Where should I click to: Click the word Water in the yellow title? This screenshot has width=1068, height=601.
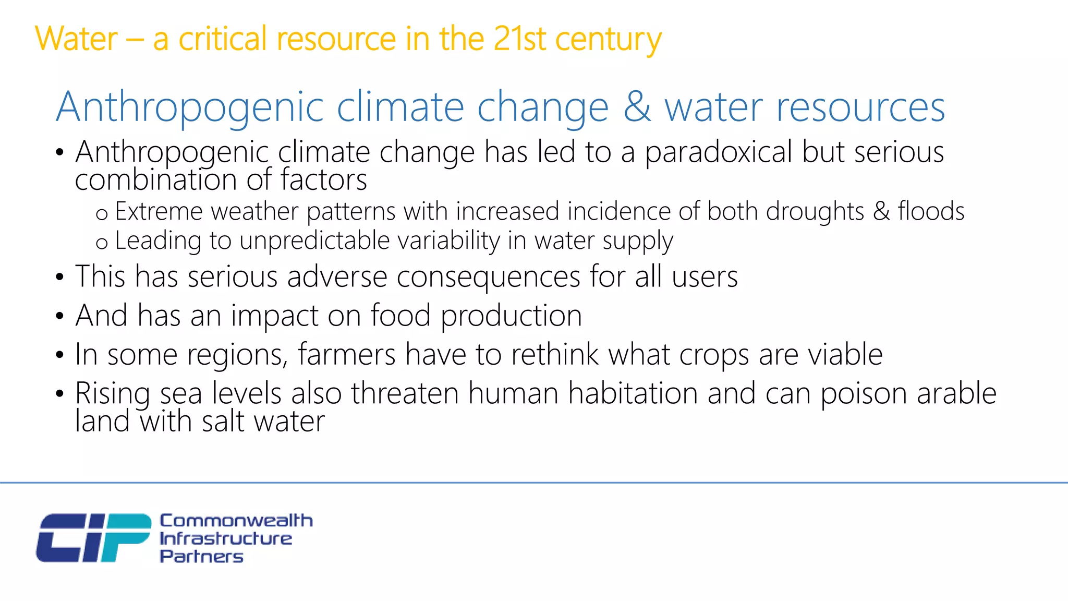76,39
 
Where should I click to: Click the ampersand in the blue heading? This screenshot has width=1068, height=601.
637,107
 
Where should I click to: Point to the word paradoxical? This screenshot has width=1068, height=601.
719,152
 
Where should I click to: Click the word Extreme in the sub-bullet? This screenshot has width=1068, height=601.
158,211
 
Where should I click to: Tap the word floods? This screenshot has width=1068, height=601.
931,211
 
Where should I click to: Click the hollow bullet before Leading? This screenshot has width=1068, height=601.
102,243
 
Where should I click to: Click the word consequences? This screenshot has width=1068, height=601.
488,277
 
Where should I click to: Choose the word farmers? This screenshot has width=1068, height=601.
347,355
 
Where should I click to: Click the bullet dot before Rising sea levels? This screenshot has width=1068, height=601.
60,394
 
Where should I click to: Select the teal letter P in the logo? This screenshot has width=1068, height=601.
125,537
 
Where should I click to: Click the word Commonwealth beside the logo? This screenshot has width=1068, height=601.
236,520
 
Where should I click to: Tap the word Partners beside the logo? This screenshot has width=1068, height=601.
201,556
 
